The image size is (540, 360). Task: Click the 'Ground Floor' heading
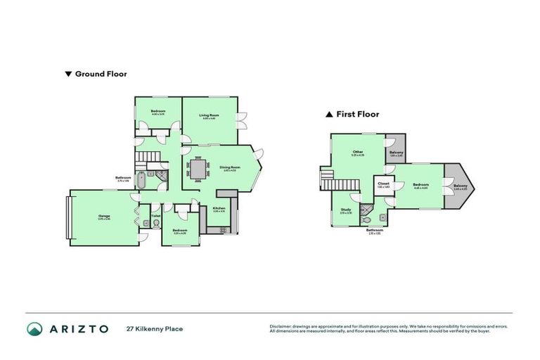click(x=100, y=73)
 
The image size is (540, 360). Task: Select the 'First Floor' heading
click(x=356, y=114)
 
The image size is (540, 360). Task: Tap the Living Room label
click(x=209, y=115)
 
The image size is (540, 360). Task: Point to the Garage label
click(x=104, y=217)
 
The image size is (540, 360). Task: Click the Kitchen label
click(x=219, y=209)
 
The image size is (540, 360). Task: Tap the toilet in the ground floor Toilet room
click(x=155, y=224)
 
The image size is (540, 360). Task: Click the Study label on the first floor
click(x=346, y=210)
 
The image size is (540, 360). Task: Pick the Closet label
click(x=383, y=184)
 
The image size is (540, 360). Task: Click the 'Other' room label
click(x=358, y=151)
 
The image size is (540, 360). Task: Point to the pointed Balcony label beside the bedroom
click(x=460, y=187)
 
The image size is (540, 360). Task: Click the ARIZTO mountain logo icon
click(x=34, y=328)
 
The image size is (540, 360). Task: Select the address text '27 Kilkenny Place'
click(x=155, y=328)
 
